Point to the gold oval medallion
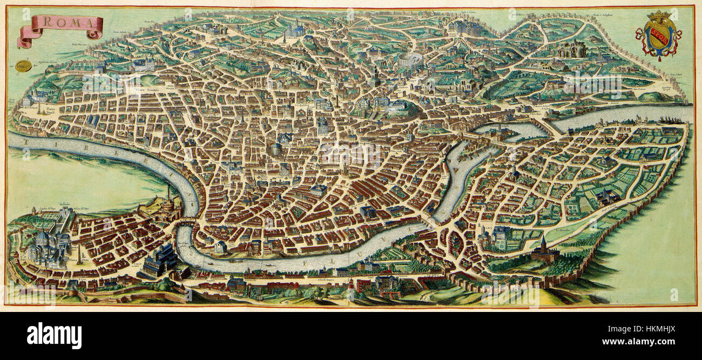pyautogui.click(x=23, y=66)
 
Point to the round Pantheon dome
pyautogui.click(x=277, y=148)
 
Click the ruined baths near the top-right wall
pyautogui.click(x=572, y=50)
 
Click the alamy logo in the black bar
pyautogui.click(x=54, y=336)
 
